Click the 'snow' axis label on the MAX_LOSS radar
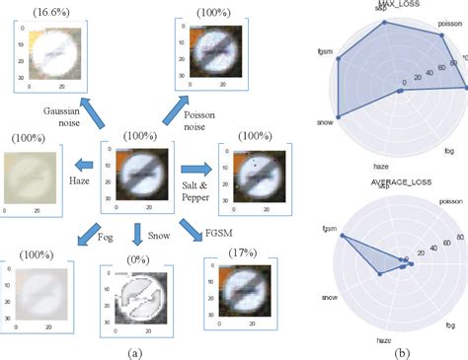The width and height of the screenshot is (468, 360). coord(323,124)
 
